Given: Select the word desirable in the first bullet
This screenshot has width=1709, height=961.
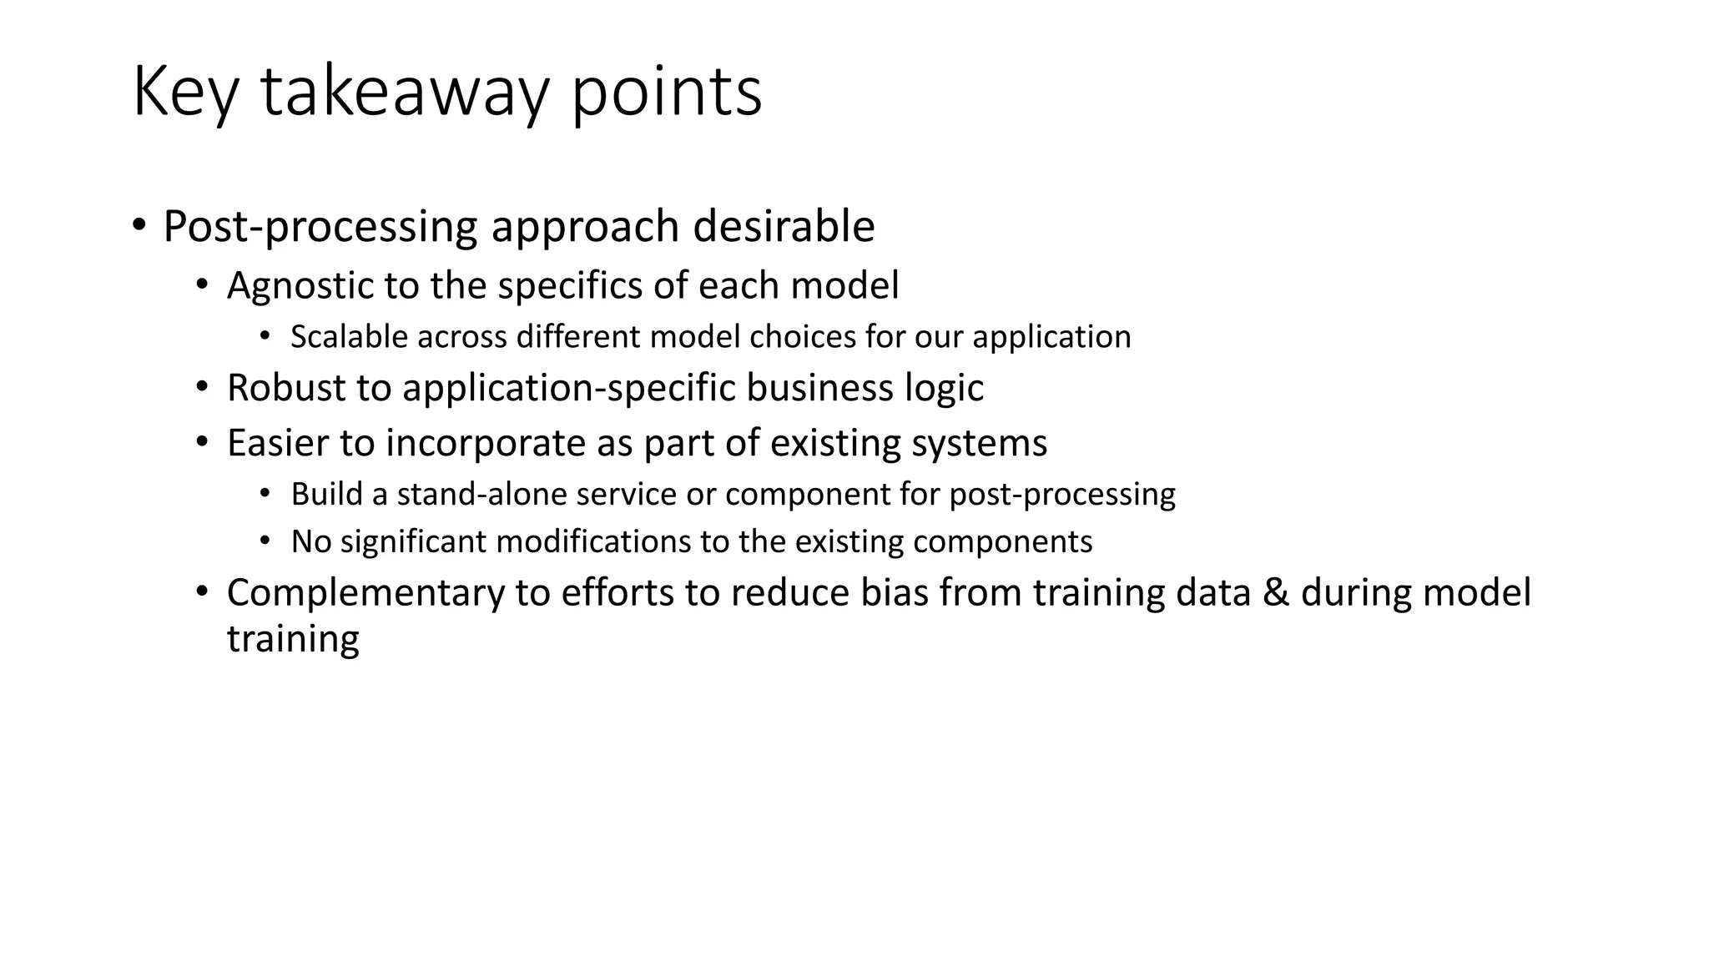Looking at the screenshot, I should click(784, 226).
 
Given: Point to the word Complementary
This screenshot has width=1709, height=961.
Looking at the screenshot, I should click(365, 593).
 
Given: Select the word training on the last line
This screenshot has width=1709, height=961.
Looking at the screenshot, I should click(293, 640).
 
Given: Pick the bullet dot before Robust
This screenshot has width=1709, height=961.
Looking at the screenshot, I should click(201, 388).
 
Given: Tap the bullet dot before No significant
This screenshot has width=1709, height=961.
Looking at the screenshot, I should click(265, 541).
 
